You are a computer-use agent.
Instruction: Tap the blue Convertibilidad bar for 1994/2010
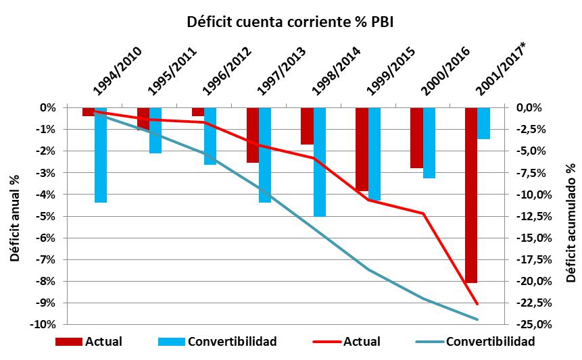click(101, 155)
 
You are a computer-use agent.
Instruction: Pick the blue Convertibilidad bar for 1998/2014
click(320, 161)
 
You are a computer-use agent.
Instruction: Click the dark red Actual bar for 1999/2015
click(362, 149)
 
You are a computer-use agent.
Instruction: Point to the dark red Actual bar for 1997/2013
click(252, 134)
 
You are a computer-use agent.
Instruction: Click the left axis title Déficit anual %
click(14, 216)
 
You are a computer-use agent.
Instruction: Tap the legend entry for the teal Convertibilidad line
click(491, 342)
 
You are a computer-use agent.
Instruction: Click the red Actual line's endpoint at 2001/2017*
click(477, 304)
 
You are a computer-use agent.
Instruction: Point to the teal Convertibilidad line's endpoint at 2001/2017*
click(477, 319)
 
